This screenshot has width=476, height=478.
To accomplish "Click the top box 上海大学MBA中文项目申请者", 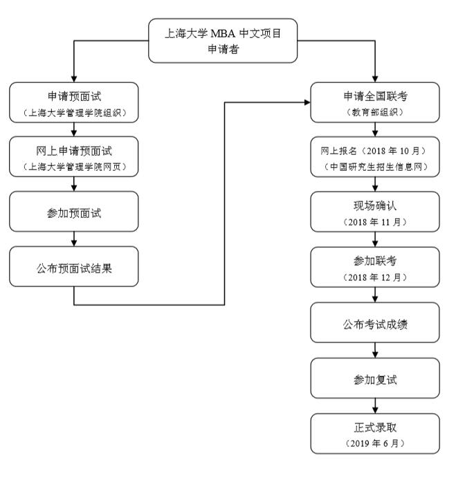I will point(223,41).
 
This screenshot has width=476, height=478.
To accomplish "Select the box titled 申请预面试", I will point(74,101).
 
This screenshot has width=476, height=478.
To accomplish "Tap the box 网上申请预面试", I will point(74,156).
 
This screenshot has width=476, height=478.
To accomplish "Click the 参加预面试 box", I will point(74,212).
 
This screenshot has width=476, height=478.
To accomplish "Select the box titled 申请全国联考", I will point(374,101).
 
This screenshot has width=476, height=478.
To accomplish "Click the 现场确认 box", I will point(374,212).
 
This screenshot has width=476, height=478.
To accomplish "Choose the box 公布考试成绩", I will point(374,323).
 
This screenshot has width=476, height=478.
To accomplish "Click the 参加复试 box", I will point(374,379).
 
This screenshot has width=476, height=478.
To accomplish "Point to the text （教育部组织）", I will point(374,111).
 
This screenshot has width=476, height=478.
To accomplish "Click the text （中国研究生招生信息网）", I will point(374,167).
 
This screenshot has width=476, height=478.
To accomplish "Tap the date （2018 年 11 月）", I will point(374,222).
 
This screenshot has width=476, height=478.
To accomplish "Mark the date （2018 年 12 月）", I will point(374,277).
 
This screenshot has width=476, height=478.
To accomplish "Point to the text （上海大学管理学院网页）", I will point(74,167).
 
